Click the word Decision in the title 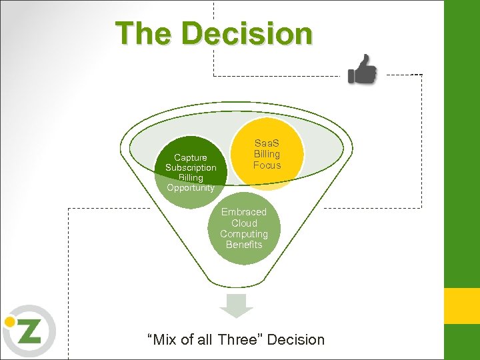click(246, 33)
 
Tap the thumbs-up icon click(363, 69)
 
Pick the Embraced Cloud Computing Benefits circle click(244, 228)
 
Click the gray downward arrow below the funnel click(237, 305)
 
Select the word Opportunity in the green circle click(191, 187)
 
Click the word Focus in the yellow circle click(267, 165)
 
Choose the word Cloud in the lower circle click(244, 223)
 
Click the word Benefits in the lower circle click(244, 245)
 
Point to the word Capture click(191, 157)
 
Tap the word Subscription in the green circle click(191, 167)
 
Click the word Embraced click(244, 212)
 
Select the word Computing click(244, 234)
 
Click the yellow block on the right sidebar click(462, 305)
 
